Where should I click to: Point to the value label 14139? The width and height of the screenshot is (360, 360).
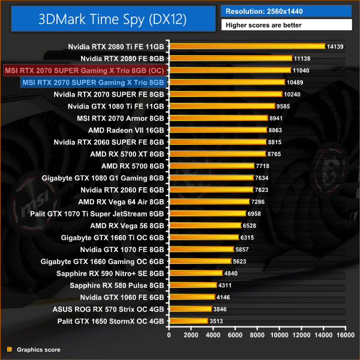(334, 46)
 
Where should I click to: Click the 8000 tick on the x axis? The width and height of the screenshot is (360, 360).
(258, 334)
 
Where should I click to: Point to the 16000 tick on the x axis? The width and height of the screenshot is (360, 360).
(345, 334)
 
